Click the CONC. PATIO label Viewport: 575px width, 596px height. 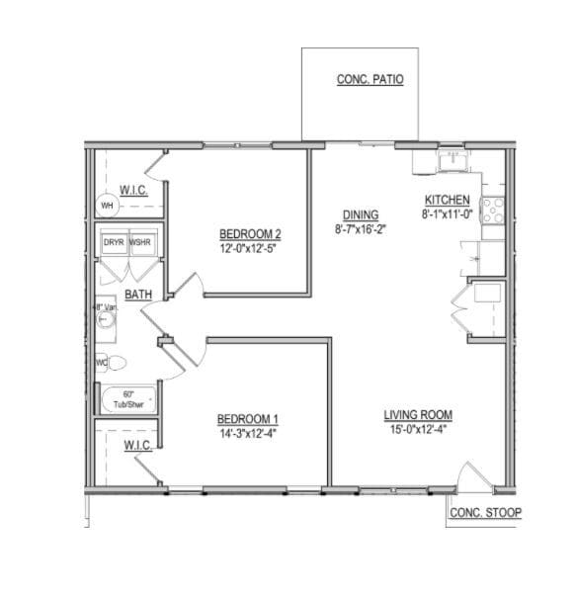click(370, 80)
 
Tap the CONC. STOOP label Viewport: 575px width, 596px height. click(484, 512)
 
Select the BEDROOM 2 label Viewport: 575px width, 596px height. click(249, 234)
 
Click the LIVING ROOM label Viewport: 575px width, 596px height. click(418, 414)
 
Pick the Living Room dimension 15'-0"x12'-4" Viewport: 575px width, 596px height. click(418, 428)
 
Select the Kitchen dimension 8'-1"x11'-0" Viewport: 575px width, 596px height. click(447, 213)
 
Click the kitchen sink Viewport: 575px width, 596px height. click(452, 159)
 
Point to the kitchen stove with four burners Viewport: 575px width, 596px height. click(494, 210)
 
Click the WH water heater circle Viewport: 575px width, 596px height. click(107, 206)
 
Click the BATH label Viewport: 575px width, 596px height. click(137, 295)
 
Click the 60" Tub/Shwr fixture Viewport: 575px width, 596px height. click(128, 399)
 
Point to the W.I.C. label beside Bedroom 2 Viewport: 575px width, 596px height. click(133, 189)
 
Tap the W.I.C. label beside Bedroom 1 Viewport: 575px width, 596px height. click(137, 446)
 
